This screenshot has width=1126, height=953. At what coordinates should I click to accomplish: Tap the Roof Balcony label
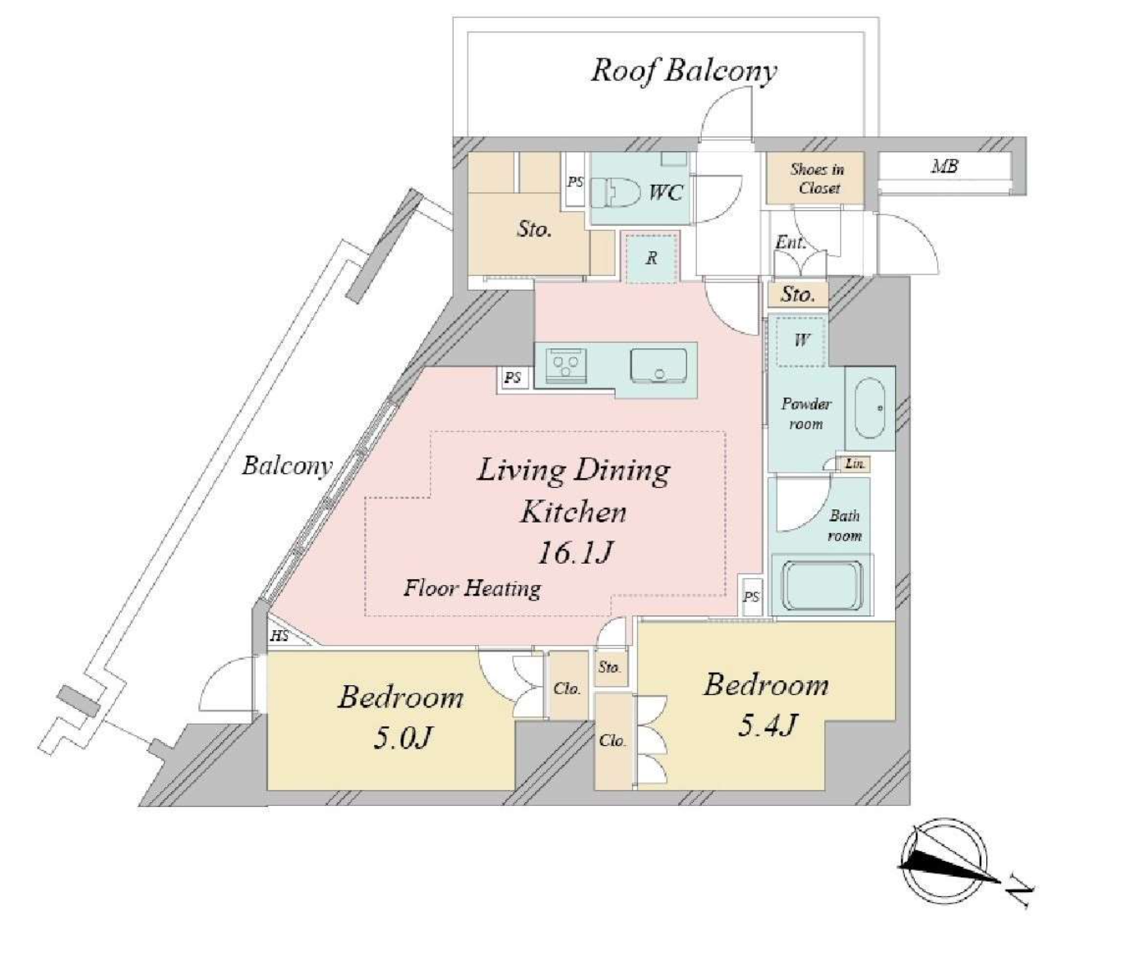coord(684,71)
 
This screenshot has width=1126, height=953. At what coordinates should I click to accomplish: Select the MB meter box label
coord(944,166)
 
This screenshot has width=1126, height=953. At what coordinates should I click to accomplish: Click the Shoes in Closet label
coord(818,178)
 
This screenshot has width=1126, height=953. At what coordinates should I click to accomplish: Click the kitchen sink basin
coord(658,366)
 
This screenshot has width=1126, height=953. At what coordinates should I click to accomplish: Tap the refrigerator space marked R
coord(652,258)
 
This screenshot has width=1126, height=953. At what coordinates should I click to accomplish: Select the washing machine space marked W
coord(801,340)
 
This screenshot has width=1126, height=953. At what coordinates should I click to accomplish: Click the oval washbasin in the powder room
coord(870,407)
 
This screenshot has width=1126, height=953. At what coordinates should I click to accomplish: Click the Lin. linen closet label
coord(855,463)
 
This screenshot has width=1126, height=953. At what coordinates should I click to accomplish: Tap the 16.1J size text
coord(575,553)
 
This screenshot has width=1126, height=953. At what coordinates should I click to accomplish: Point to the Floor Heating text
coord(473,589)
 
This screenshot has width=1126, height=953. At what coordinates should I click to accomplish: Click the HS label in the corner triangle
coord(279,636)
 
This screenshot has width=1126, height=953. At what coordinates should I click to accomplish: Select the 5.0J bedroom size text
coord(403,739)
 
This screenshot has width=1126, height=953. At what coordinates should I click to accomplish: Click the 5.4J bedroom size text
coord(768,725)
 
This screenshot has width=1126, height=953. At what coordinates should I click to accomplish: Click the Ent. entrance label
coord(791,242)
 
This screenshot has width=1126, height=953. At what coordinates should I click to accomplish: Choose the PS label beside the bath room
coord(751,596)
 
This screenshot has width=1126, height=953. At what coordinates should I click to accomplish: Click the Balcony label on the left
coord(287,466)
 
